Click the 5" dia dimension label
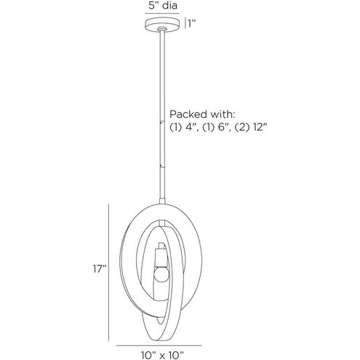pyautogui.click(x=163, y=5)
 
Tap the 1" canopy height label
pyautogui.click(x=192, y=23)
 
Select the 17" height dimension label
pyautogui.click(x=100, y=268)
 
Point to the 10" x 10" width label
pyautogui.click(x=162, y=356)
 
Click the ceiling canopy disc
pyautogui.click(x=162, y=24)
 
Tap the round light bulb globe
pyautogui.click(x=161, y=274)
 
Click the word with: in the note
pyautogui.click(x=222, y=114)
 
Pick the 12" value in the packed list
pyautogui.click(x=260, y=127)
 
